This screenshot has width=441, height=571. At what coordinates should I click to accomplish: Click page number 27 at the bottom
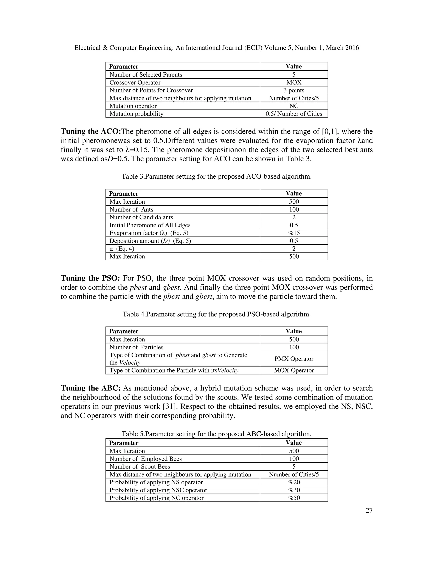click(x=369, y=511)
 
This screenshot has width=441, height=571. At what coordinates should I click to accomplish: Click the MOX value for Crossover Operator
click(x=294, y=83)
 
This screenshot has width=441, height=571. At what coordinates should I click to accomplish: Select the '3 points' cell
click(x=294, y=90)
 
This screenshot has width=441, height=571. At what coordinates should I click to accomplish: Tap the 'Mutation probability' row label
click(x=136, y=114)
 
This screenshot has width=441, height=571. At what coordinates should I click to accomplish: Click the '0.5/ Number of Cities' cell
click(x=294, y=114)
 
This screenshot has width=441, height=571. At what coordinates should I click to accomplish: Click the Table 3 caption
click(x=216, y=176)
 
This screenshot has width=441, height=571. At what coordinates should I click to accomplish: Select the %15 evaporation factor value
click(x=294, y=233)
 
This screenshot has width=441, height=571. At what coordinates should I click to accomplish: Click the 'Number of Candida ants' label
click(x=141, y=217)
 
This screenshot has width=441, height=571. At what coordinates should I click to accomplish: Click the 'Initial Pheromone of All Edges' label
click(x=150, y=225)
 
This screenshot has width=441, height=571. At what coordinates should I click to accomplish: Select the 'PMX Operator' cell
click(x=294, y=359)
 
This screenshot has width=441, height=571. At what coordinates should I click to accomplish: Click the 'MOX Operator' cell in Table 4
click(x=294, y=370)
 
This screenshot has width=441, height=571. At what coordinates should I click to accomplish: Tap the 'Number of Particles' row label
click(x=136, y=347)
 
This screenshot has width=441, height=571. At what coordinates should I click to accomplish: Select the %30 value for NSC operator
click(x=294, y=490)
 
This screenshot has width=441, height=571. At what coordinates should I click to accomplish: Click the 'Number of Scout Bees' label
click(x=140, y=466)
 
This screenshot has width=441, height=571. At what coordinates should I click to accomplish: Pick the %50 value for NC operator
click(x=294, y=498)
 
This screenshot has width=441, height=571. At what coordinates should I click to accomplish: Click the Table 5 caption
click(x=216, y=434)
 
